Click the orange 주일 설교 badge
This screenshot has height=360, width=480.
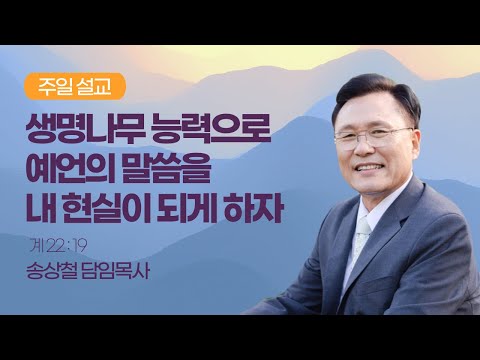point(75,86)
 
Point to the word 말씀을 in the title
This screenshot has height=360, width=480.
point(166,168)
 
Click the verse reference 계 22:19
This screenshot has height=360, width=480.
point(58,247)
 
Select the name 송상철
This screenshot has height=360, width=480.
point(51,272)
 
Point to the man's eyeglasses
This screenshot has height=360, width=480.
point(373,137)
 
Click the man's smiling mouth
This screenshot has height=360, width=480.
point(368,167)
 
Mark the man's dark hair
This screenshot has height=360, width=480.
point(378,93)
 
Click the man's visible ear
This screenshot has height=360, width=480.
point(416,148)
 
